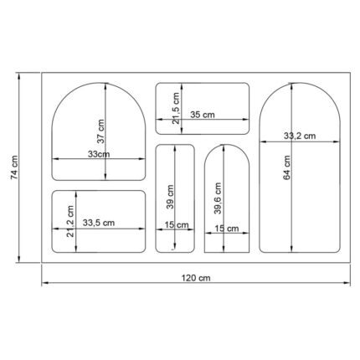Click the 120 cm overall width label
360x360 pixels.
coord(196,278)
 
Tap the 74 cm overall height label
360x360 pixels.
coord(14,167)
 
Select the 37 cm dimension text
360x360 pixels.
coord(100,131)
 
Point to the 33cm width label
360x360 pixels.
coord(99,154)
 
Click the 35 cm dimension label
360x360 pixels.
coord(203,115)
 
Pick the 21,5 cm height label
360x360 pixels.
coord(176,109)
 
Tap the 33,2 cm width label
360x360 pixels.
coord(300,136)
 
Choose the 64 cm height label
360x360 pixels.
coord(287,167)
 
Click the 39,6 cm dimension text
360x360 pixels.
coord(218,198)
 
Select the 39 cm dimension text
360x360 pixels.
coord(170,197)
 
